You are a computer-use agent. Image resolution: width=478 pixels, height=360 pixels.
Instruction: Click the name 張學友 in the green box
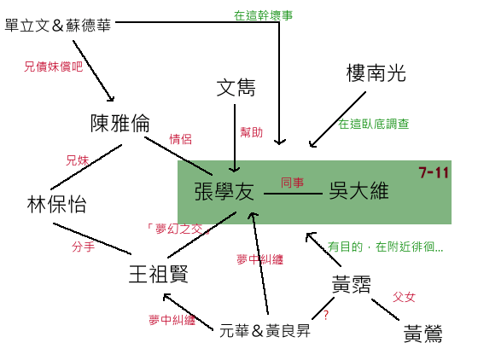224,192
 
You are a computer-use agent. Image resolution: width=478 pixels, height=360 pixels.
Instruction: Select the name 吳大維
358,191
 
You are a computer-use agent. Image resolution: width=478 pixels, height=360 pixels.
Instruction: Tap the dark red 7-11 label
434,172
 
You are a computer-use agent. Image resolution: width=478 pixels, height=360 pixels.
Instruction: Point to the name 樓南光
376,73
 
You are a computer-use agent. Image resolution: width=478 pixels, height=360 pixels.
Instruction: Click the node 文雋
236,88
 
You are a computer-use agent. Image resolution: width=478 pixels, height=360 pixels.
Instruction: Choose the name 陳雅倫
120,124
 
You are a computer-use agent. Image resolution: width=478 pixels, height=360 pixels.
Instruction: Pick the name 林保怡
56,204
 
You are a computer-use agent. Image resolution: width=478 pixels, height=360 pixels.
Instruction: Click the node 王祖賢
159,274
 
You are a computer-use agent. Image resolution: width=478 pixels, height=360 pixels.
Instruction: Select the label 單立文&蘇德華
58,26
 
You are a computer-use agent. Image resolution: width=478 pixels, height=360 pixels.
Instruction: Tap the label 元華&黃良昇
265,331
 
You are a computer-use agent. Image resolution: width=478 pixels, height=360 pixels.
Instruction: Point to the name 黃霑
351,284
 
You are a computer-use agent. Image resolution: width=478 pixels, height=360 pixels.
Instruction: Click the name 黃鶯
423,334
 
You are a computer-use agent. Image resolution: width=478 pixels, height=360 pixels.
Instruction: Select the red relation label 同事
292,183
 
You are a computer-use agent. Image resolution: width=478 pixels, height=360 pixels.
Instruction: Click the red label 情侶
180,139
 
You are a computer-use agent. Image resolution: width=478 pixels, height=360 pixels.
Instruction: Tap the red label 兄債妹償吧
54,67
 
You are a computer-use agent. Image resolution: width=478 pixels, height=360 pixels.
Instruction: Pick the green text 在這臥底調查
374,124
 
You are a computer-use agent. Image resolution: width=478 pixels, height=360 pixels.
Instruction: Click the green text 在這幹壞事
264,15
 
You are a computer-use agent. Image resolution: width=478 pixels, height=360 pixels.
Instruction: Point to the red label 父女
404,297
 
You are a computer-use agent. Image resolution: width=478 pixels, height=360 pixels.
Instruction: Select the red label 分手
84,247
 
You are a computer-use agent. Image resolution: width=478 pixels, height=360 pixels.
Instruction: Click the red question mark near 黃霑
326,315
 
